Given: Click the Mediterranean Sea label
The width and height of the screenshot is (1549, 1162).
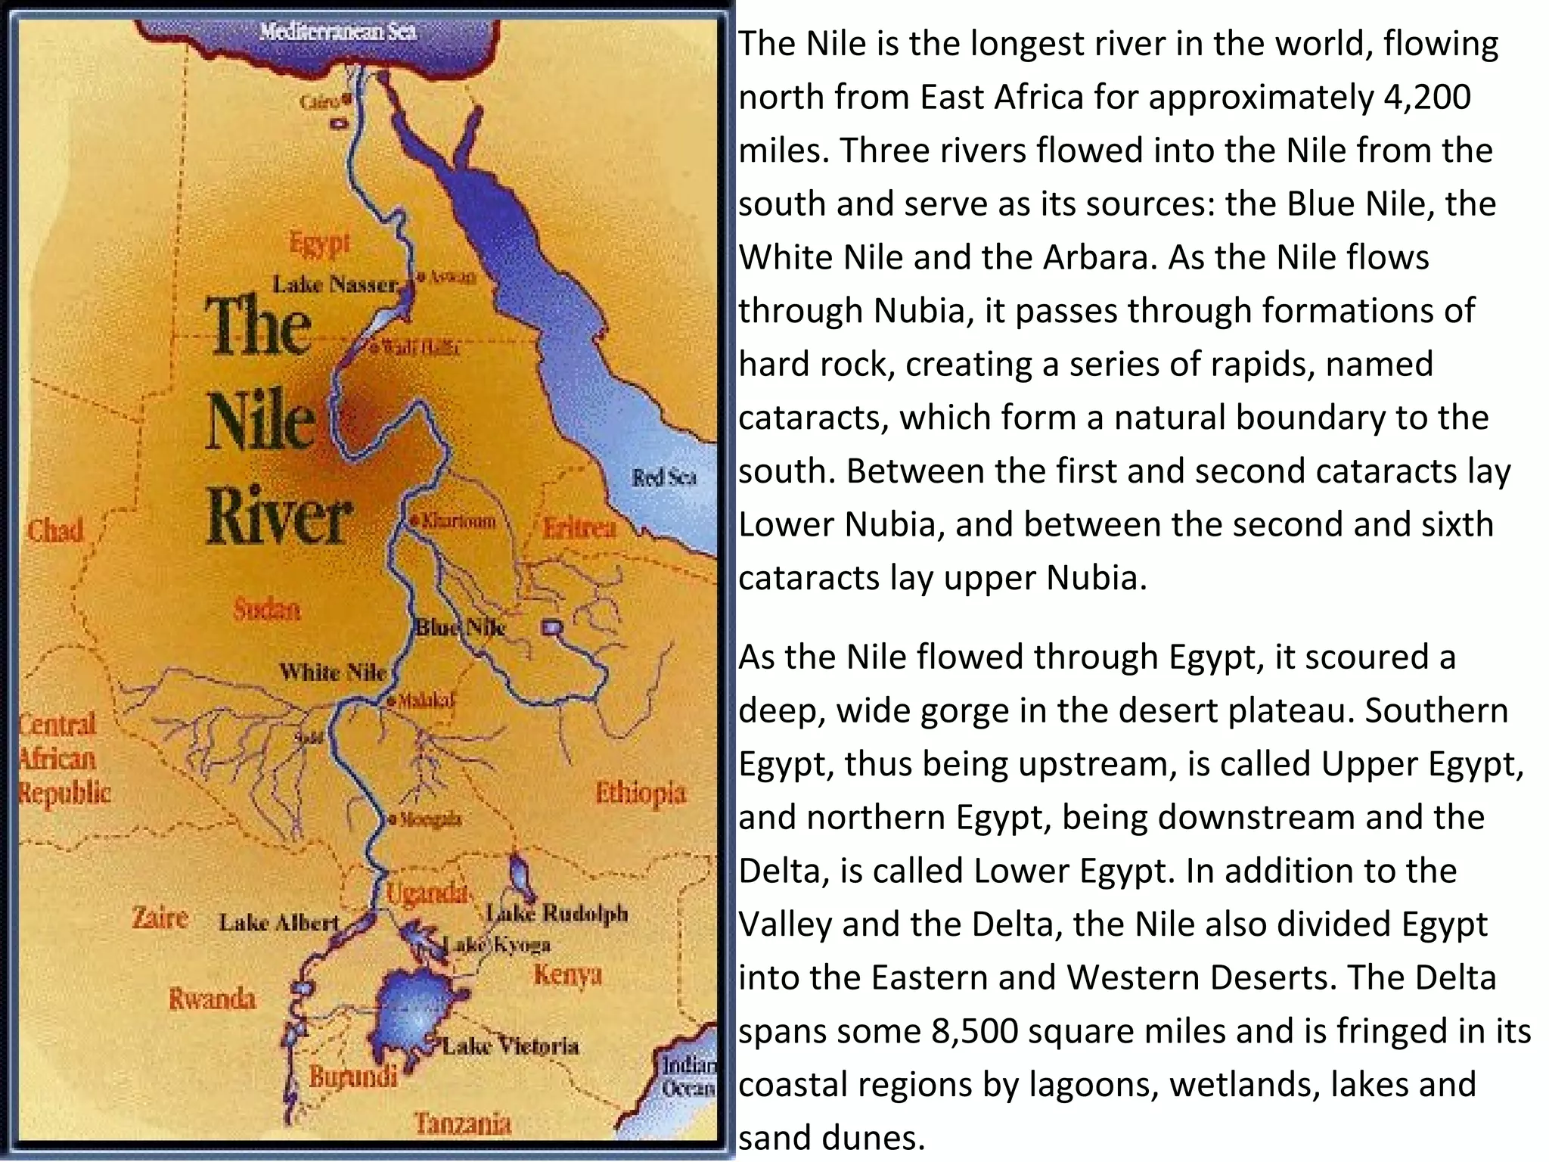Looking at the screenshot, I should (x=337, y=32).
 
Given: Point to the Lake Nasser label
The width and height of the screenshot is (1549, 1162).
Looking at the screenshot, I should (x=335, y=284).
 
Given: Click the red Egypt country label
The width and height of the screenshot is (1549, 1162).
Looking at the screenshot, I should (x=320, y=244).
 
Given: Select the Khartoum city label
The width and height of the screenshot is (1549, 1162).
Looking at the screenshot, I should (x=458, y=520).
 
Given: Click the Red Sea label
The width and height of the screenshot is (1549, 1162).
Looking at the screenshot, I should (x=663, y=477).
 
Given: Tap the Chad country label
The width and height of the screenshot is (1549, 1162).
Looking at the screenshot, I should (x=55, y=530).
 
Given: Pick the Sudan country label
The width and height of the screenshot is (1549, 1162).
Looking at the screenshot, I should (x=266, y=609).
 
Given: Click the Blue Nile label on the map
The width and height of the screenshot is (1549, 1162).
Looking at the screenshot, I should (x=460, y=627).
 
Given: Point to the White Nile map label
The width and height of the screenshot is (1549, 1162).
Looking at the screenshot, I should (x=332, y=671).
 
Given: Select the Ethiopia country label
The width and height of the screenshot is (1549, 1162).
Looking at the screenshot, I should (x=640, y=793).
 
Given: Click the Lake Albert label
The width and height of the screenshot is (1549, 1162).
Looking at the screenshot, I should (x=279, y=922).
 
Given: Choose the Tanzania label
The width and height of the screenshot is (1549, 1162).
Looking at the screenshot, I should (x=462, y=1124).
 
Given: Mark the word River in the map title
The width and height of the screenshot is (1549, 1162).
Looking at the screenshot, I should (x=278, y=517).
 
